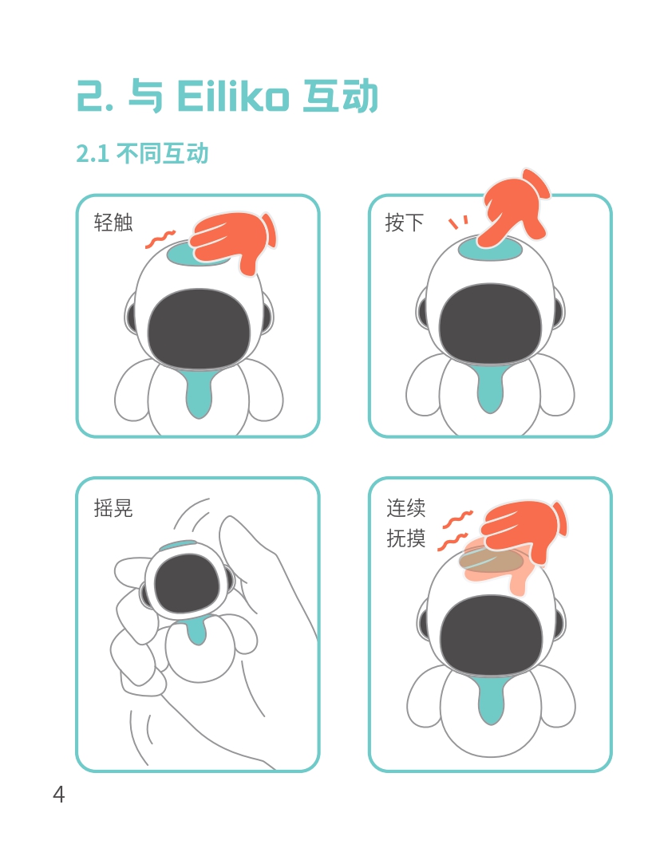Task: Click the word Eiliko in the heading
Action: [232, 97]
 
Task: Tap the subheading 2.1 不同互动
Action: [142, 154]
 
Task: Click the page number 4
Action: [58, 794]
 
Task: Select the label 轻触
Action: [113, 223]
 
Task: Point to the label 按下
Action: [404, 223]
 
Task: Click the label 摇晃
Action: [113, 508]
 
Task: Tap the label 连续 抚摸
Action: [405, 523]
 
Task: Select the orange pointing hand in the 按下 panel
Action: [515, 207]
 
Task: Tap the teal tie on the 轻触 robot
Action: [199, 392]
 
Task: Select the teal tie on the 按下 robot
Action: [489, 388]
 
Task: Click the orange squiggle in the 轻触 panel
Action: [160, 239]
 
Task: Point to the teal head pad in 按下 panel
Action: [490, 250]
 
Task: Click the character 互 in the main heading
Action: [320, 97]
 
